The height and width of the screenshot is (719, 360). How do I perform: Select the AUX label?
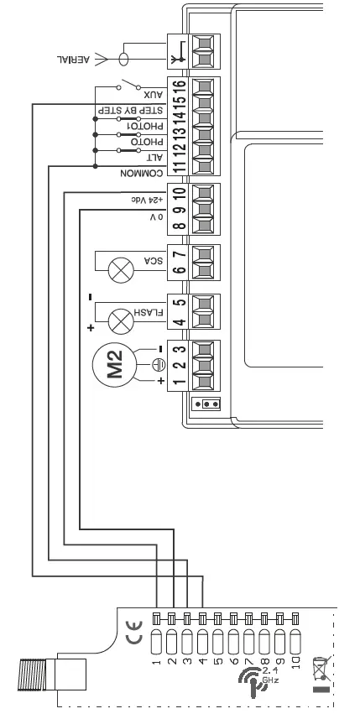click(153, 97)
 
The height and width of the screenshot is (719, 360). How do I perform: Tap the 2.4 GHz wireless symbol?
click(250, 677)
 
